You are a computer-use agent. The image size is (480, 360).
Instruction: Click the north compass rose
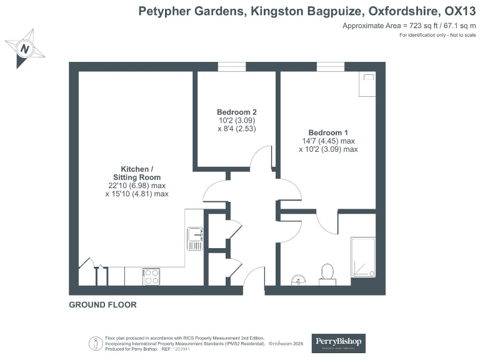click(25, 48)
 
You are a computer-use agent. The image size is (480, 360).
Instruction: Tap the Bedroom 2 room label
click(237, 112)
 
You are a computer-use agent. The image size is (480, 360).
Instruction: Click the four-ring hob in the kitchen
click(152, 277)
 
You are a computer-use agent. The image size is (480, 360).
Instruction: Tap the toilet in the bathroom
click(327, 272)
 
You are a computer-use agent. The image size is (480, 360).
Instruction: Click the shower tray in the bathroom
click(362, 257)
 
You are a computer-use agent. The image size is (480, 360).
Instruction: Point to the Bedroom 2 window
click(232, 67)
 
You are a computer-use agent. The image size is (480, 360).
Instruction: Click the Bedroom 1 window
click(331, 67)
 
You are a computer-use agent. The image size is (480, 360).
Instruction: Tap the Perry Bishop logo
click(338, 343)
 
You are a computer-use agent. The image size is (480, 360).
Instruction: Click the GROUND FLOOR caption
click(102, 305)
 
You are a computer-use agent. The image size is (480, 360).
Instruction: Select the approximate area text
click(409, 26)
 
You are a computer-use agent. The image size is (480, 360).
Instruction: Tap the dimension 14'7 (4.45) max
click(328, 141)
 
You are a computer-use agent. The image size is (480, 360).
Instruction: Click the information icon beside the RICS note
click(95, 343)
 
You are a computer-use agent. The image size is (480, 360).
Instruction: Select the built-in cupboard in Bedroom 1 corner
click(367, 84)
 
